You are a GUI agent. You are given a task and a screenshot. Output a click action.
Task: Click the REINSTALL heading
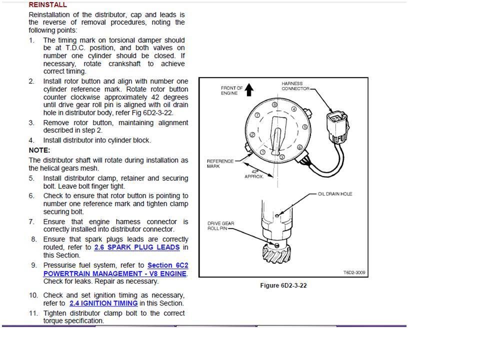(47, 4)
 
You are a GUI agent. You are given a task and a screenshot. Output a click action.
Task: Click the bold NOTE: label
(39, 150)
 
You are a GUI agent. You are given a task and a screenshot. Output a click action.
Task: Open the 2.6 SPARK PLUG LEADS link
(137, 247)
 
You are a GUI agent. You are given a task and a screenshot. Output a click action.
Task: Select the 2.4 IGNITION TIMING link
(103, 303)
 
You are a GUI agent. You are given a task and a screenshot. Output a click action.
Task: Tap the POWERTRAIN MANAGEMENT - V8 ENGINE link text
(115, 273)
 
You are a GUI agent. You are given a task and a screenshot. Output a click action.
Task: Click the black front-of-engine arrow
(249, 89)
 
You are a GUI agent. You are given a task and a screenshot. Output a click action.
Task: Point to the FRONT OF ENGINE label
(231, 90)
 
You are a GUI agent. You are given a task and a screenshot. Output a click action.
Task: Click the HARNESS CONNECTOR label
(295, 86)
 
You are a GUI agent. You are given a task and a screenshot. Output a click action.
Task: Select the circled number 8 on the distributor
(274, 104)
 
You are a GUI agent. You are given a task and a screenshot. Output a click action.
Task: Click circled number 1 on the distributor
(262, 152)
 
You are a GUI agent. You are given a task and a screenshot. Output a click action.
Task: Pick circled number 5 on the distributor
(305, 126)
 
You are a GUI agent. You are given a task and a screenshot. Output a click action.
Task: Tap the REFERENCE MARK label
(220, 164)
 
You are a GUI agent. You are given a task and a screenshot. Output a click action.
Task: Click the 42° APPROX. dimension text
(254, 174)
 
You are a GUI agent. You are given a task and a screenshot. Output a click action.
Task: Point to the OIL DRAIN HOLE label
(335, 194)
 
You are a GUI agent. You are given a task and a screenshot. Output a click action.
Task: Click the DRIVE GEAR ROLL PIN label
(220, 226)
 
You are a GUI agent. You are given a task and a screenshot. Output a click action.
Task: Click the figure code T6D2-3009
(354, 272)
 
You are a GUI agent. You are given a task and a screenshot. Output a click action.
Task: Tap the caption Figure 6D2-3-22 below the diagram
(283, 285)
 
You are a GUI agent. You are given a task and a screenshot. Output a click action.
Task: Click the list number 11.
(33, 313)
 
